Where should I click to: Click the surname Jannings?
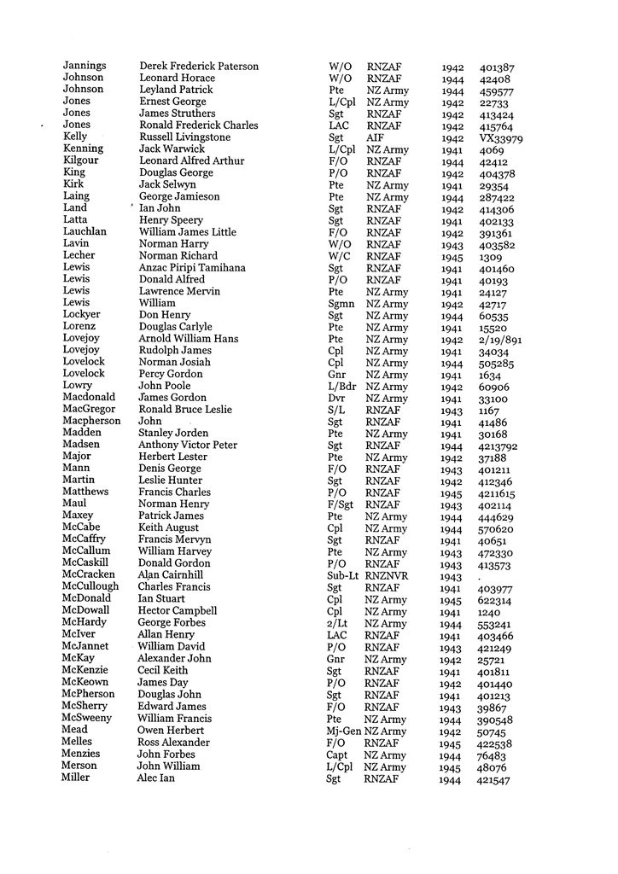click(x=85, y=66)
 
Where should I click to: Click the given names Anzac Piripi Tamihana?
click(x=192, y=268)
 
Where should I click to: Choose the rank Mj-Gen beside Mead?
click(x=345, y=731)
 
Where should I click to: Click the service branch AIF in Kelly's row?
click(x=376, y=137)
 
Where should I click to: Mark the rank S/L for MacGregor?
click(x=337, y=411)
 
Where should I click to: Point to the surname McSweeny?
click(x=87, y=719)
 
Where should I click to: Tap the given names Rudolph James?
click(x=175, y=351)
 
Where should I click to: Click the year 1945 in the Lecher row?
click(x=452, y=256)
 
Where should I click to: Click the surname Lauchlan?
click(x=85, y=232)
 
